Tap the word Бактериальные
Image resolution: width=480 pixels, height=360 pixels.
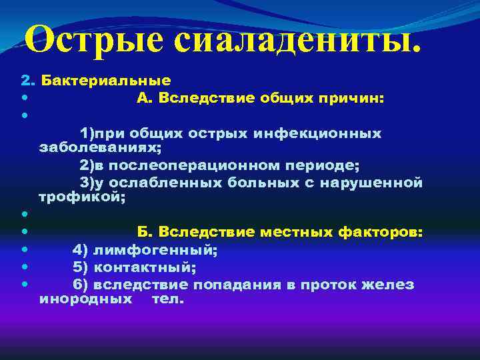(x=106, y=81)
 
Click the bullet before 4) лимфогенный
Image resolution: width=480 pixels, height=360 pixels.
(x=25, y=250)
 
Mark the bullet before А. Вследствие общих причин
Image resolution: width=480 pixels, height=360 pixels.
(x=25, y=99)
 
